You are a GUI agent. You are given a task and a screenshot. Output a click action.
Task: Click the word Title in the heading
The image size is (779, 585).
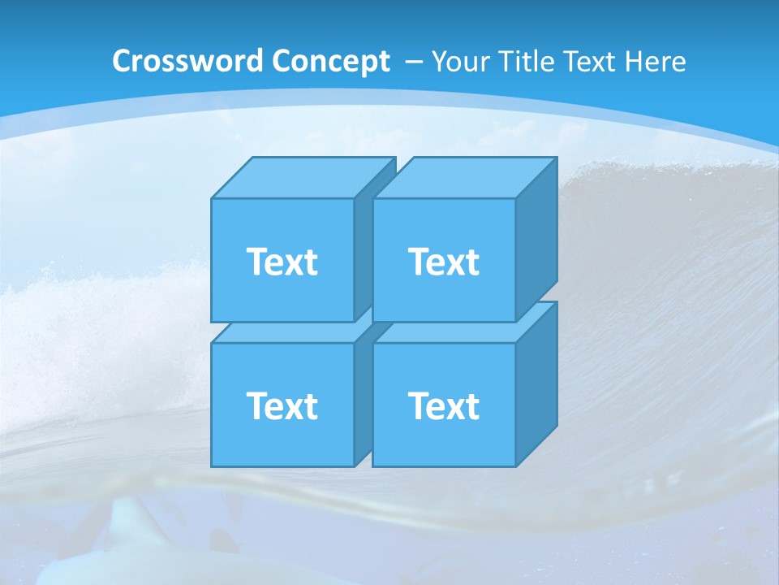527,62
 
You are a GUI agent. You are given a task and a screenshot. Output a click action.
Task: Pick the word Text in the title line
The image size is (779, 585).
596,62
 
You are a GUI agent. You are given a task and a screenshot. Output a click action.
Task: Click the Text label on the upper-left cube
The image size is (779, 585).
282,262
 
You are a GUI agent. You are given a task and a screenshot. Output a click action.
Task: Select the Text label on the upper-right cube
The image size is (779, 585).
444,262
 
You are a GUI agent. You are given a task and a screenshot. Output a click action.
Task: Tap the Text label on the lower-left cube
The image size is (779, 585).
282,405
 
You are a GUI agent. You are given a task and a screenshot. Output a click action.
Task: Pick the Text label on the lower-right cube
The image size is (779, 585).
444,405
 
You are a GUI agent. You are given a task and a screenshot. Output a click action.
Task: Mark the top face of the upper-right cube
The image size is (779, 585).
464,178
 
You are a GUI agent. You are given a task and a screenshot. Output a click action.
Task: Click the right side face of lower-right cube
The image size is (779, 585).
536,382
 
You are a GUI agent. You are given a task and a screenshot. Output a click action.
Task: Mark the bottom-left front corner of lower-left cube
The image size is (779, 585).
212,466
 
